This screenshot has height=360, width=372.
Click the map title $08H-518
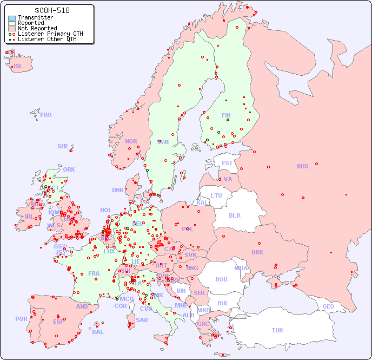(51, 10)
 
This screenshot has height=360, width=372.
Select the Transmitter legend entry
(35, 17)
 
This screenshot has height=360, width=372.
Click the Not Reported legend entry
(37, 28)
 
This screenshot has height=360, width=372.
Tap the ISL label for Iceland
(18, 67)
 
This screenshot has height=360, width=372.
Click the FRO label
(46, 115)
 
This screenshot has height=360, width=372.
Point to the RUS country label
(302, 166)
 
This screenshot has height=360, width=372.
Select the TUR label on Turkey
(277, 330)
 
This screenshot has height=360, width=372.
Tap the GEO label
(328, 306)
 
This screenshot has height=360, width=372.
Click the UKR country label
(257, 252)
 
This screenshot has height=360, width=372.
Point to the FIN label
(226, 115)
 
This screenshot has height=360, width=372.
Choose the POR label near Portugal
(21, 319)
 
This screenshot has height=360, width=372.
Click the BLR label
(234, 215)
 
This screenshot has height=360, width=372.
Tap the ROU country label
(221, 279)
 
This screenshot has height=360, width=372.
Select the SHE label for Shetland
(63, 146)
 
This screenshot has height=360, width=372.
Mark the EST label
(227, 163)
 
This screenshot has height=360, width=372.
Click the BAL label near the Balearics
(98, 332)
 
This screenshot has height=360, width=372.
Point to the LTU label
(216, 195)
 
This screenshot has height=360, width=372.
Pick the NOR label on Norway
(131, 141)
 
